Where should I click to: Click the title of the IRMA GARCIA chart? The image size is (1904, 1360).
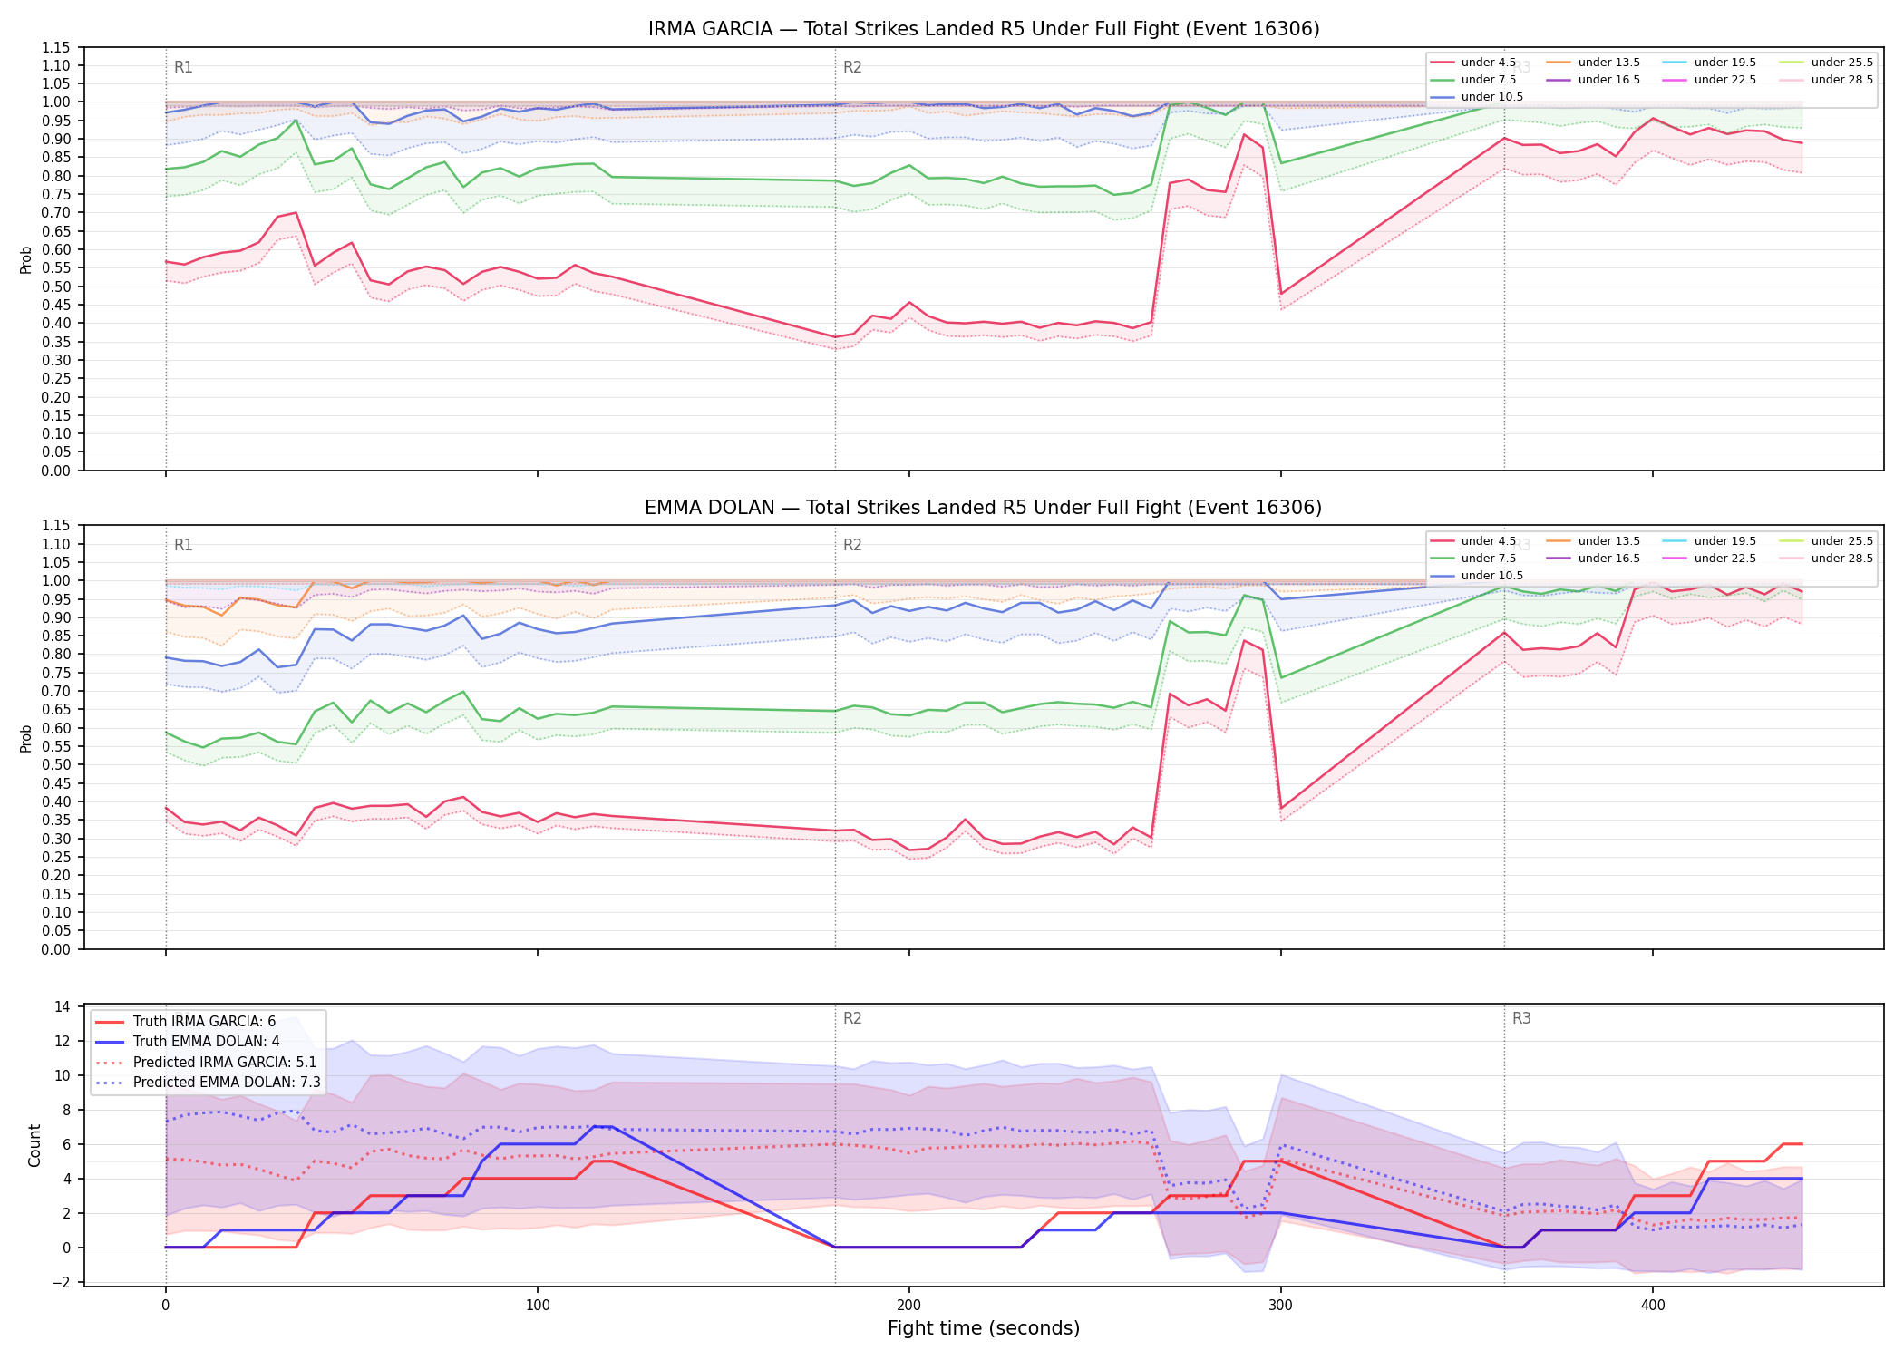(x=984, y=29)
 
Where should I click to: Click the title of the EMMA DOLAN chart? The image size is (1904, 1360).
(x=984, y=508)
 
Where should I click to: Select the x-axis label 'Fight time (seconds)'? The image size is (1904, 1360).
(x=984, y=1328)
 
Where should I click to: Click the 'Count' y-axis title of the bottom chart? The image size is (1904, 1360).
(x=34, y=1145)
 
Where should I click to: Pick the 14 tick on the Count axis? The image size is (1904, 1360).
(x=63, y=1006)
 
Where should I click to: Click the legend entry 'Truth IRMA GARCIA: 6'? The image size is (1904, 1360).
(x=204, y=1022)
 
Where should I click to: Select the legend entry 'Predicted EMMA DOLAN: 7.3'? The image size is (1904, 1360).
(x=227, y=1082)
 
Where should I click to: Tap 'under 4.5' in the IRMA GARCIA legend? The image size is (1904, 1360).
(x=1489, y=63)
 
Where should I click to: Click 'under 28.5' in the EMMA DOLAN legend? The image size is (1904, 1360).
(x=1842, y=559)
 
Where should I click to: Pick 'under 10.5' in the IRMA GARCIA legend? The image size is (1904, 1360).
(x=1492, y=97)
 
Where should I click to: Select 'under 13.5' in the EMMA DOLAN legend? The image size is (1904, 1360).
(x=1609, y=541)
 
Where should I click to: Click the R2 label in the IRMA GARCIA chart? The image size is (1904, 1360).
(x=852, y=67)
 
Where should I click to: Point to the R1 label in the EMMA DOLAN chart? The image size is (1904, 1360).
(x=183, y=545)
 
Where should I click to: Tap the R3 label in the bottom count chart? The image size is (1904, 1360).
(x=1521, y=1018)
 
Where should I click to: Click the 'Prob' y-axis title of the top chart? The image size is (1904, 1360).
(x=26, y=259)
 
